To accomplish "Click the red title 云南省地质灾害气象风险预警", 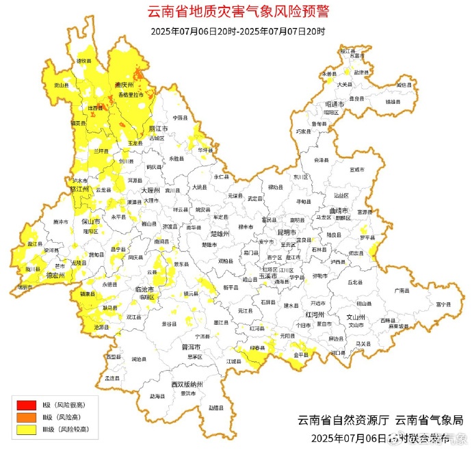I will click(x=238, y=12).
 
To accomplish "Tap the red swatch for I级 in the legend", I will click(x=26, y=405).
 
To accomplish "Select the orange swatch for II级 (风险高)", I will click(x=26, y=417).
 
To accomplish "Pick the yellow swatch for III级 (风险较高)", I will click(x=26, y=429).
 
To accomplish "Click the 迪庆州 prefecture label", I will click(x=123, y=85).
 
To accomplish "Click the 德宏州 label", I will click(x=55, y=275).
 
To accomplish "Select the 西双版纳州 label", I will click(x=188, y=384).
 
